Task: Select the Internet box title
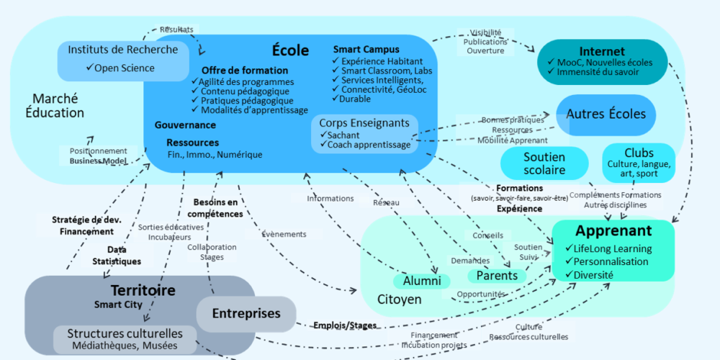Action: [x=601, y=52]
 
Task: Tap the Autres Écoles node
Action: [x=606, y=114]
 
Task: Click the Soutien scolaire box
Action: [x=544, y=163]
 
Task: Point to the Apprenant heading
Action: [x=613, y=231]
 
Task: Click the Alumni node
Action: [x=421, y=281]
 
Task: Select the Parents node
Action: [x=497, y=276]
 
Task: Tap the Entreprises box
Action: [x=246, y=314]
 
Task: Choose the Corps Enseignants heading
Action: [x=364, y=123]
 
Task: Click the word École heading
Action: [x=290, y=50]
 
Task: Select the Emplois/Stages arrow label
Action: [x=345, y=325]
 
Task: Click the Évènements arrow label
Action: [x=275, y=234]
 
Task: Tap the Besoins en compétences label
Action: [x=215, y=208]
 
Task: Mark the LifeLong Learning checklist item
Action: [x=612, y=248]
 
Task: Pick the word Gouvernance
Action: [x=185, y=125]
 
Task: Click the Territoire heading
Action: [x=143, y=290]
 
